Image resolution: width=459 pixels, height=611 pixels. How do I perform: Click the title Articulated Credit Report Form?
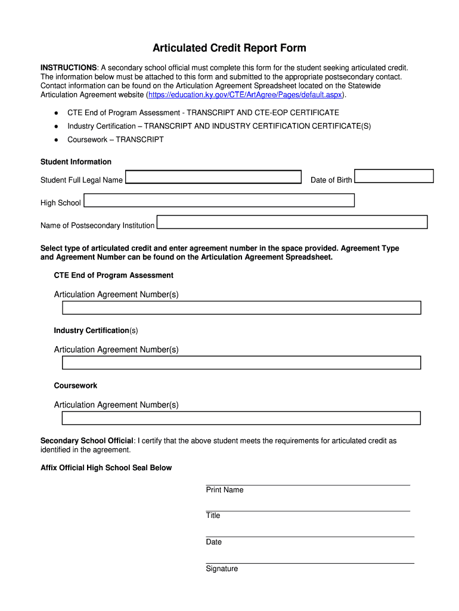[229, 48]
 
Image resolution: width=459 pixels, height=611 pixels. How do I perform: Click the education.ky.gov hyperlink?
[246, 95]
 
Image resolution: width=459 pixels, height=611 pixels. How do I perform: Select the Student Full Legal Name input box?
[213, 177]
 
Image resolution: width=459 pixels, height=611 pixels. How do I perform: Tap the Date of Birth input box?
[394, 176]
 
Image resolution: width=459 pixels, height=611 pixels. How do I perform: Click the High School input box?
[219, 200]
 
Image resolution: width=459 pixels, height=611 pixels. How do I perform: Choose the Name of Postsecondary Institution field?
[292, 222]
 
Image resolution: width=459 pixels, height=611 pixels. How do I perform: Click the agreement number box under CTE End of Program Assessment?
[241, 307]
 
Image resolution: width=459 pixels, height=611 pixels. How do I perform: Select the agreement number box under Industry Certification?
[241, 363]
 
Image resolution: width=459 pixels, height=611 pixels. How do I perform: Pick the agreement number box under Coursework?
[241, 418]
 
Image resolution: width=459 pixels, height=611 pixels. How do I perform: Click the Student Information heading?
[76, 162]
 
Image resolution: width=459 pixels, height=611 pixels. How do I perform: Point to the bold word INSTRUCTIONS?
[69, 67]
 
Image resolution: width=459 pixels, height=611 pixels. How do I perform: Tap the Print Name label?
[225, 490]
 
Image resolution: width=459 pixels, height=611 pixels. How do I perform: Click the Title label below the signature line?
[213, 516]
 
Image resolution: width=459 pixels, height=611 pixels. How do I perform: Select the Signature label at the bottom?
[222, 569]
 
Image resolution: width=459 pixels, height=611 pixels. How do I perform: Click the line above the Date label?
[310, 537]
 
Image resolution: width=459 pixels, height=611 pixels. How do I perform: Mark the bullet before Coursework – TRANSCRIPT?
[55, 140]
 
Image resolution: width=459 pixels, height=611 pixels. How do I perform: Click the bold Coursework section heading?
[76, 385]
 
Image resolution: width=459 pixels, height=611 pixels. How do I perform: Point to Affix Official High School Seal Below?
[106, 468]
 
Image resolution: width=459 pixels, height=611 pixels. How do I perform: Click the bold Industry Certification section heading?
[91, 331]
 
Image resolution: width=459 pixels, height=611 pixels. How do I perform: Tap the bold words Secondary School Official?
[86, 441]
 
